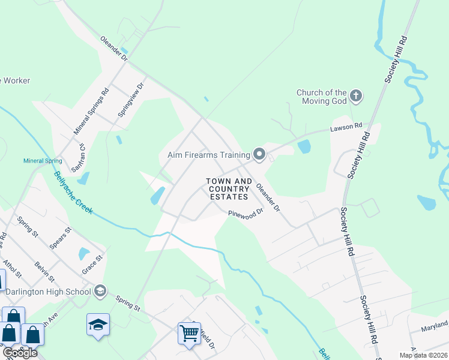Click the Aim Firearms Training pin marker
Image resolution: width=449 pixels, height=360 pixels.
[x=259, y=155]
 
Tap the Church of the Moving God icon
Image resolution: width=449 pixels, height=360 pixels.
[x=356, y=96]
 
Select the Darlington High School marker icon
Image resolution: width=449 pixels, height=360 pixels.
[x=100, y=292]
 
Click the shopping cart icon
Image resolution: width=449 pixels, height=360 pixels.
[x=189, y=332]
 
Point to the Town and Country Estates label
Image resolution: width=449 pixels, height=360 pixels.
[x=229, y=189]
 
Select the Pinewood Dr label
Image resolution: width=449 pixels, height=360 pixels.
[x=246, y=213]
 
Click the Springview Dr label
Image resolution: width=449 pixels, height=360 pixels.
[x=132, y=99]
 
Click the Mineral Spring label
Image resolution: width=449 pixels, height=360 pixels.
[x=43, y=161]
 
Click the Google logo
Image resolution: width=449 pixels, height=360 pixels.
[x=20, y=352]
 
